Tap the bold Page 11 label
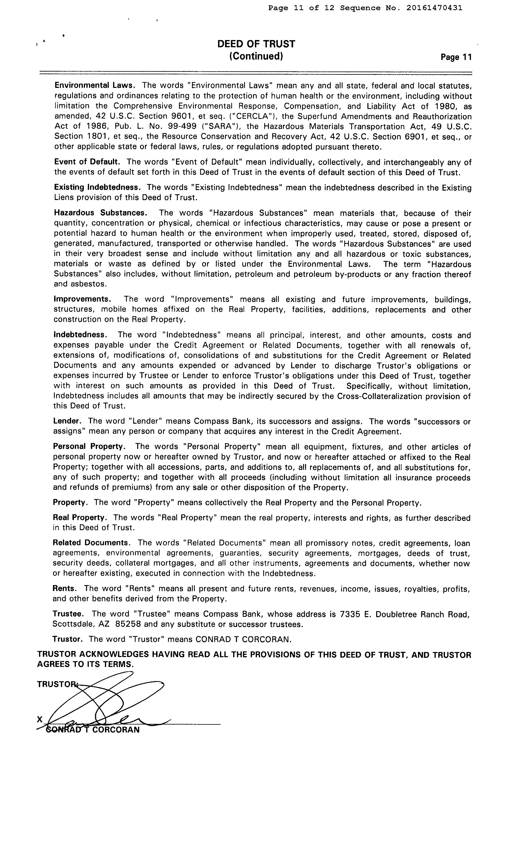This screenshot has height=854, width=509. (456, 57)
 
